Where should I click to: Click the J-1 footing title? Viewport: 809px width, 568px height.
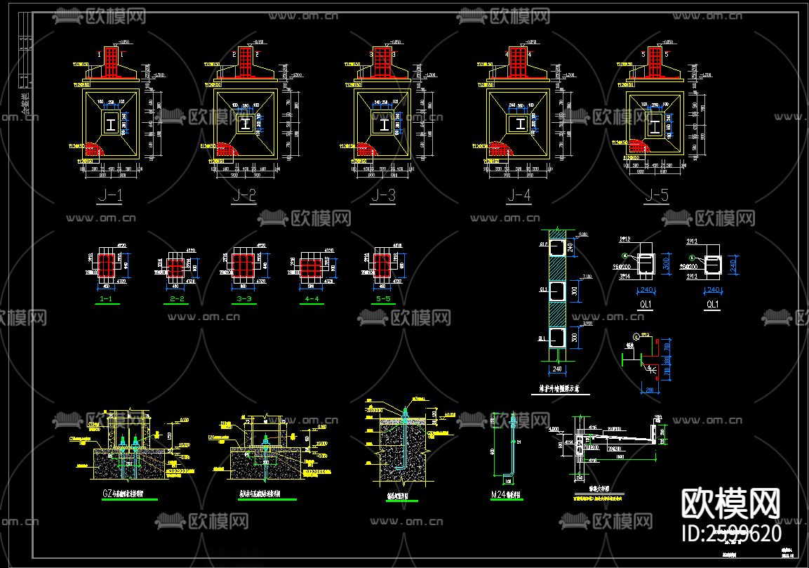pyautogui.click(x=110, y=196)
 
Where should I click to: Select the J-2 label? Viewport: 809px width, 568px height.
pyautogui.click(x=243, y=196)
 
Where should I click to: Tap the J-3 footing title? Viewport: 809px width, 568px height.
pyautogui.click(x=383, y=196)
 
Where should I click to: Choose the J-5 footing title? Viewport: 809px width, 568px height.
pyautogui.click(x=656, y=196)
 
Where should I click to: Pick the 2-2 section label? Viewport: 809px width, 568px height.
pyautogui.click(x=177, y=299)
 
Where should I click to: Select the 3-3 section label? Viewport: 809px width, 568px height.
pyautogui.click(x=244, y=299)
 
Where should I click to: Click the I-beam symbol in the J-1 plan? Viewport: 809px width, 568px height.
pyautogui.click(x=111, y=124)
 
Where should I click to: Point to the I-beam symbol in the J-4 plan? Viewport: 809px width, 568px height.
pyautogui.click(x=518, y=124)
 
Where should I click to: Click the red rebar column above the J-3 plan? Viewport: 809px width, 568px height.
pyautogui.click(x=383, y=62)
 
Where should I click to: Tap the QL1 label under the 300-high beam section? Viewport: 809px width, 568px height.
pyautogui.click(x=644, y=305)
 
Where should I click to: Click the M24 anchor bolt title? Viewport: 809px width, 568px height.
pyautogui.click(x=505, y=496)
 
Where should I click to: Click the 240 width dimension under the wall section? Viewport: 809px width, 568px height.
pyautogui.click(x=556, y=368)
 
